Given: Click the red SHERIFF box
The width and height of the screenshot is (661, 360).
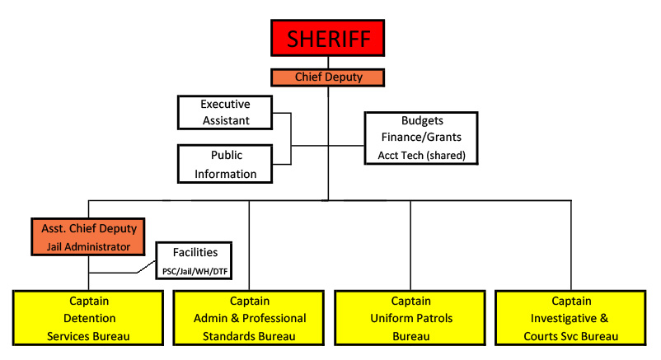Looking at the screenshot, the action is pos(327,38).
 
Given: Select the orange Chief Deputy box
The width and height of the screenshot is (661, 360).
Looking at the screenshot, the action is pos(327,77).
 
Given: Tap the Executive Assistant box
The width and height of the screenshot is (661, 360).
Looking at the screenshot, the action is pos(225,113).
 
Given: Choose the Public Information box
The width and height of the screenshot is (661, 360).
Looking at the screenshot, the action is pos(225,164).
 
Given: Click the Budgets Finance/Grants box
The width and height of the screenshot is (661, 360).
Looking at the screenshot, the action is pos(421,138).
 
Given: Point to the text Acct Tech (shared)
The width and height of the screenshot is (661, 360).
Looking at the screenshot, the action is pos(421,156).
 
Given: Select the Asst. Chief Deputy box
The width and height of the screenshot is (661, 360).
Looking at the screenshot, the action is pos(88,237).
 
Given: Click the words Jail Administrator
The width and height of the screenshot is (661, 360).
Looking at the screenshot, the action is pos(88,246).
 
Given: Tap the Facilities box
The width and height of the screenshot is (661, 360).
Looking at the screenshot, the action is pos(194,260).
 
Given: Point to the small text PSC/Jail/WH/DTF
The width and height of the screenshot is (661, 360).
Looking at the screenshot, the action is pos(195,272).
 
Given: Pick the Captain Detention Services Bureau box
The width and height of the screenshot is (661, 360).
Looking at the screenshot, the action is pos(88,318).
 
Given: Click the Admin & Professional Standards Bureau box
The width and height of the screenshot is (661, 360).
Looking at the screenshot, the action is pos(249,318).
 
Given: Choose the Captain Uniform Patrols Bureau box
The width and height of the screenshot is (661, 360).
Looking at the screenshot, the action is pos(410,318).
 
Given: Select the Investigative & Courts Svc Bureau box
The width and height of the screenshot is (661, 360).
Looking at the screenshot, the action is pos(571,318).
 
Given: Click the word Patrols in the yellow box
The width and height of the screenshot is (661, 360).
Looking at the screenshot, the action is pos(433,318).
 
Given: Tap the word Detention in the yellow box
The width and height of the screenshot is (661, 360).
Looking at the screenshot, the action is pos(89,318).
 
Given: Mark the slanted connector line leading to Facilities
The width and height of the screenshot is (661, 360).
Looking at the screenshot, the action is pos(146,267).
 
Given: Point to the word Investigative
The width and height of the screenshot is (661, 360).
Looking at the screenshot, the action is pos(564,319).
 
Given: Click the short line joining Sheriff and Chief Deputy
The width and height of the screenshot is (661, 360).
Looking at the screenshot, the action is pos(328,63).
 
